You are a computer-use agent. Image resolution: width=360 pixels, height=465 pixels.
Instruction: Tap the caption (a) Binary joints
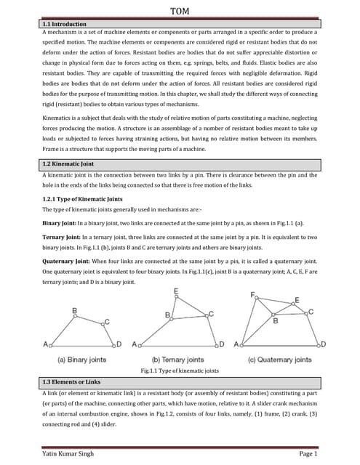81,360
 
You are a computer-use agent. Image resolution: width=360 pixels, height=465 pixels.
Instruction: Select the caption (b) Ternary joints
179,360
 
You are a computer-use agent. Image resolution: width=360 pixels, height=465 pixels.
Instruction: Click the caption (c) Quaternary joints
280,360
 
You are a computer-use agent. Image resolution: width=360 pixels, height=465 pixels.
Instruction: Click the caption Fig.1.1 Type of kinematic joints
179,371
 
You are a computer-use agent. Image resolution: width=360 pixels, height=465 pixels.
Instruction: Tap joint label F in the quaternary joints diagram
253,296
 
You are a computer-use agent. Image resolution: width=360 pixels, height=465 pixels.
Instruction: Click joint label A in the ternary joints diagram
135,344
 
